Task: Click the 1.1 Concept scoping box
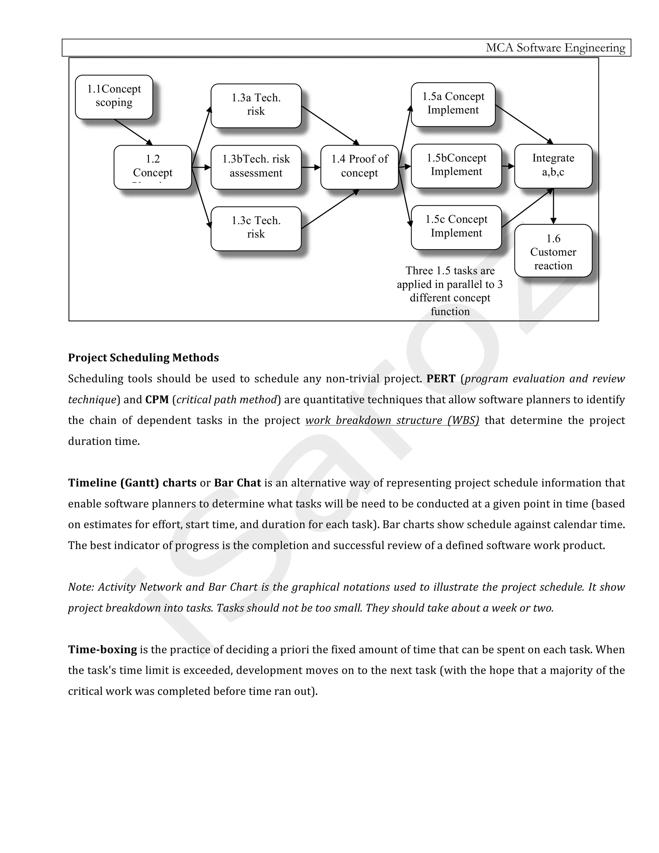click(x=114, y=97)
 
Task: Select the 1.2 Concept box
click(x=153, y=167)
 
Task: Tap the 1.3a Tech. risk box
click(x=256, y=106)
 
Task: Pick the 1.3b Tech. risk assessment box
click(x=256, y=167)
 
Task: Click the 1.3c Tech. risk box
click(x=256, y=229)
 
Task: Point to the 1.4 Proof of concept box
click(x=359, y=167)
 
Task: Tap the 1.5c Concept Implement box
click(x=456, y=227)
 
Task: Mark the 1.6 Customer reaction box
click(x=553, y=251)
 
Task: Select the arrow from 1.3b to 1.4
click(x=311, y=167)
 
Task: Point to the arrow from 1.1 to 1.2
click(x=133, y=132)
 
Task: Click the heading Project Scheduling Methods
click(x=143, y=358)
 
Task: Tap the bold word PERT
click(x=441, y=379)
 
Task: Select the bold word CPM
click(x=157, y=400)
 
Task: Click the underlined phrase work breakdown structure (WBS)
click(x=392, y=421)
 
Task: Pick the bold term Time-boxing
click(x=102, y=650)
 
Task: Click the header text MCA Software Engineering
click(x=555, y=48)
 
